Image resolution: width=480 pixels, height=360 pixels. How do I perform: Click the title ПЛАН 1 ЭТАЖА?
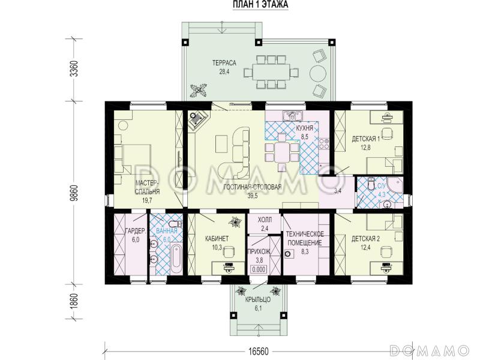click(x=260, y=5)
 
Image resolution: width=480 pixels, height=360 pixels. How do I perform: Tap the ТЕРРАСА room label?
click(x=224, y=63)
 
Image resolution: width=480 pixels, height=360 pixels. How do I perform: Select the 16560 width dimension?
click(x=258, y=351)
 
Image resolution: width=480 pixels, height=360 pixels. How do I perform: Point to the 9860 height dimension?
click(x=74, y=193)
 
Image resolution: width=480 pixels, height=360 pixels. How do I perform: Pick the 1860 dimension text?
click(x=74, y=302)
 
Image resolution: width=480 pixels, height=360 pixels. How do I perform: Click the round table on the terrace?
click(x=318, y=74)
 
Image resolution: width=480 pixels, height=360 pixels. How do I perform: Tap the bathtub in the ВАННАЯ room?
click(x=176, y=259)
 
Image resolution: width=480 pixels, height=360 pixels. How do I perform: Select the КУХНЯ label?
click(x=305, y=128)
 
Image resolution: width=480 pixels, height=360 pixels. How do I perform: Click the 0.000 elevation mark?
click(x=259, y=269)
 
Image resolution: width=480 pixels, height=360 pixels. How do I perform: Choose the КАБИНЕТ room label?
click(x=217, y=238)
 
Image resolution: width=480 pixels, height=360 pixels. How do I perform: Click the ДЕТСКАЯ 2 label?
click(x=365, y=238)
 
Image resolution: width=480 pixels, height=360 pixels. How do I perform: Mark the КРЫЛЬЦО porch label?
click(x=258, y=299)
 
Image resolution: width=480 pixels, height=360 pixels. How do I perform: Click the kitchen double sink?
click(x=293, y=115)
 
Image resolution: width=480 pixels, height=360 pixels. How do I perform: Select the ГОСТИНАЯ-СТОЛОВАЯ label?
click(x=253, y=187)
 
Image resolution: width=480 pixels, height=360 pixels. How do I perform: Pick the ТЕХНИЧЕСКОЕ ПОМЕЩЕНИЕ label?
click(x=305, y=238)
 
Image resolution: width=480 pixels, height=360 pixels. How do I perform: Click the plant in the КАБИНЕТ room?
click(x=236, y=222)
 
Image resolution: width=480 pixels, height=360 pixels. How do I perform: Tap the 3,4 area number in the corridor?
click(x=338, y=191)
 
